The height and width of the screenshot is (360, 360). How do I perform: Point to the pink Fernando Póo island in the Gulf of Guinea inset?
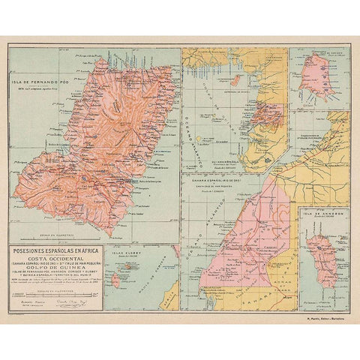tap(236, 79)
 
